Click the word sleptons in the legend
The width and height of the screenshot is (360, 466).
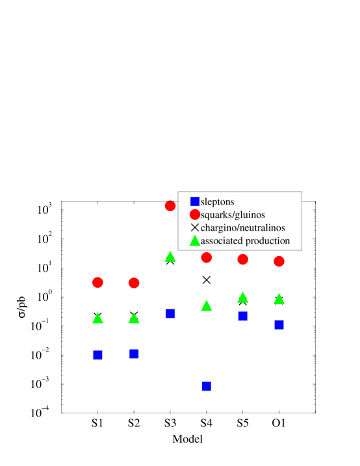pos(217,201)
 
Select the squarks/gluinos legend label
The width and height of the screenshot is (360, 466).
pos(233,214)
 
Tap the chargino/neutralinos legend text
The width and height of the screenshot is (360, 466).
pos(242,228)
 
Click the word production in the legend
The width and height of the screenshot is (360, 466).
pos(266,241)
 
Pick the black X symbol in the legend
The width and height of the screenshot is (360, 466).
pos(194,228)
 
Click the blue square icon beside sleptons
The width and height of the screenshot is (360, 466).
pos(194,201)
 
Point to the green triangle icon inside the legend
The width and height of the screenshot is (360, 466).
pos(194,241)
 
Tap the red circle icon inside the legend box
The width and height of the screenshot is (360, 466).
pos(194,214)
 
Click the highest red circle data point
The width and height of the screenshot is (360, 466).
pos(170,206)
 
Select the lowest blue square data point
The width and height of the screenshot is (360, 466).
pos(206,386)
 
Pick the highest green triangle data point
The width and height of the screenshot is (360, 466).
pos(170,257)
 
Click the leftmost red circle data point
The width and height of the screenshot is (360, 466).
pos(97,282)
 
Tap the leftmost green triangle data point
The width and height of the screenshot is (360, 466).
pos(97,318)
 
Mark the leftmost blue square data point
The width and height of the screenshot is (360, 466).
pos(97,355)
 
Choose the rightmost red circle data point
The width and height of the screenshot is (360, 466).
pos(279,261)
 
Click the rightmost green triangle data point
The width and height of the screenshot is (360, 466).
pos(279,299)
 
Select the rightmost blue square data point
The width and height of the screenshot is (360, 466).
pos(279,324)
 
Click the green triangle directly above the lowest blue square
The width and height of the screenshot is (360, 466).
pos(206,305)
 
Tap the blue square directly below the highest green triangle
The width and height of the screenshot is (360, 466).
pos(170,313)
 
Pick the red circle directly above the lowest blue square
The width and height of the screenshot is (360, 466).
pos(206,258)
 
